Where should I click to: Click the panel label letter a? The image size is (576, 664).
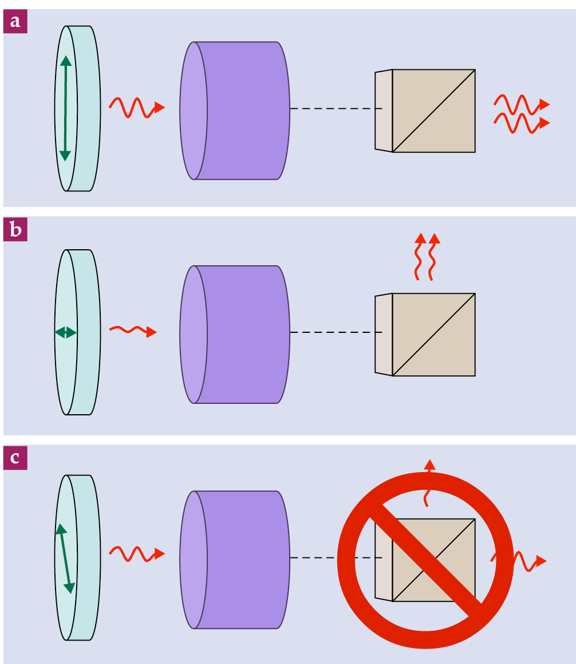coord(15,22)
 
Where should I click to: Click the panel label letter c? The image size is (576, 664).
coord(15,458)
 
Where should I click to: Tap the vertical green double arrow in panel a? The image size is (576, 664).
coord(65,108)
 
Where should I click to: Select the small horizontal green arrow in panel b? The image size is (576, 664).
coord(65,332)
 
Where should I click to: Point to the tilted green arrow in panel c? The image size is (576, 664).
coord(65,558)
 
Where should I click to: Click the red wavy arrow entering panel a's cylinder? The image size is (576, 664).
coord(137,107)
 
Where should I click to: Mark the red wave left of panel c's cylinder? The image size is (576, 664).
coord(137,553)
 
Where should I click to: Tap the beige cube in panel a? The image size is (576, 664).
coord(433,111)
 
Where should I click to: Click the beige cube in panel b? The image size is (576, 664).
coord(433,335)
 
